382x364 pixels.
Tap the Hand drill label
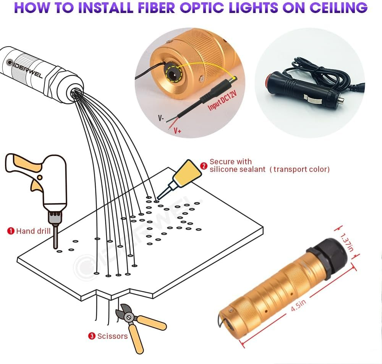(33, 231)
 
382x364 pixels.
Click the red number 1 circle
(11, 231)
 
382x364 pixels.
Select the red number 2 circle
(204, 166)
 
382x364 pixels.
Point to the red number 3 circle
(92, 336)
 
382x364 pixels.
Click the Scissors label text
(112, 336)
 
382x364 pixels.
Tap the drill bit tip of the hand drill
(56, 246)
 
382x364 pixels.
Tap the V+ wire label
(178, 131)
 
